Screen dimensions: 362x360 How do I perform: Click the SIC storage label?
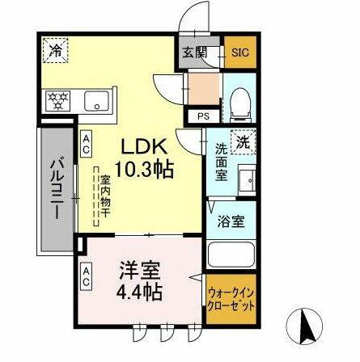click(x=241, y=53)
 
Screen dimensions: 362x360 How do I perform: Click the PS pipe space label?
click(x=202, y=116)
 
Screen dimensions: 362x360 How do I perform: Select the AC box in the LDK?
click(x=86, y=144)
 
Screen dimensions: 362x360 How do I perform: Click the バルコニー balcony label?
click(x=57, y=189)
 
